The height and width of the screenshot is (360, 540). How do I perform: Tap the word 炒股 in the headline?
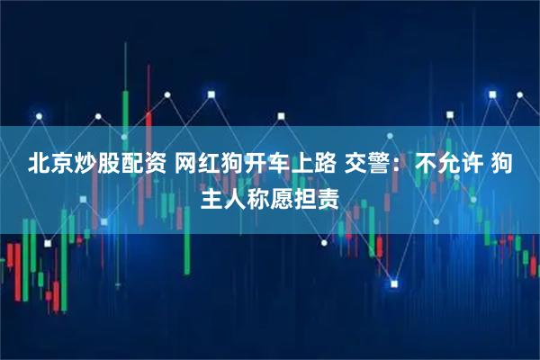click(99, 164)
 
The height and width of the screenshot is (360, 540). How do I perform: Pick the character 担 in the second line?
click(306, 195)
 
